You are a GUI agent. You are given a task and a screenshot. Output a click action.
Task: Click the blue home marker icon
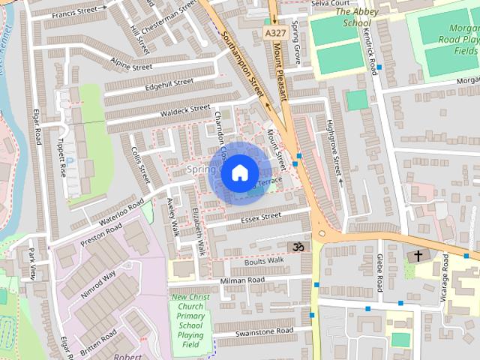239,172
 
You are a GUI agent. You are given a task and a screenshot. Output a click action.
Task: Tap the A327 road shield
274,33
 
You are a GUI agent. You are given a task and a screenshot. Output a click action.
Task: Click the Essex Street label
261,217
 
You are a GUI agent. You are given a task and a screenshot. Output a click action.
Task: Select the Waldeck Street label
185,109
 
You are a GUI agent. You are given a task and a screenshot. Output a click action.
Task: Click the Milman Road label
242,280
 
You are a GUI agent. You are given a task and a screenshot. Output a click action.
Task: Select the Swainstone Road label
263,331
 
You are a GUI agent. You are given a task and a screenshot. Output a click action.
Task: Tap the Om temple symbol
297,246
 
